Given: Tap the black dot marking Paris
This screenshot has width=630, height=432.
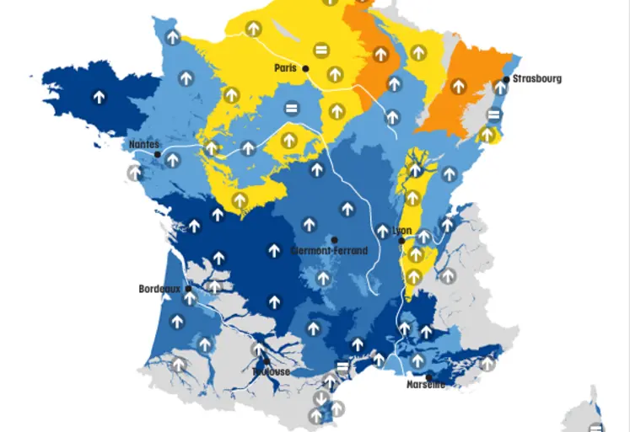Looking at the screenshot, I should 306,68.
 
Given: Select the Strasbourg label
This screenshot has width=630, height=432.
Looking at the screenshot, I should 536,79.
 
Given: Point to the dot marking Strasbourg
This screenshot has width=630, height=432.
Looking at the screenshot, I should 506,80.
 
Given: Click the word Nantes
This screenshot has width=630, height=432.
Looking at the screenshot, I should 143,145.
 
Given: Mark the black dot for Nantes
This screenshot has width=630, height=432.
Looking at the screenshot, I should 158,154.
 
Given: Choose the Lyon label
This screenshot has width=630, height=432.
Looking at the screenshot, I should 401,229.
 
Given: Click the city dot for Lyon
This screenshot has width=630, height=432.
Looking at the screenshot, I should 401,240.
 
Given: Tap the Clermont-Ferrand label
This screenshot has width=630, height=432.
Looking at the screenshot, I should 329,251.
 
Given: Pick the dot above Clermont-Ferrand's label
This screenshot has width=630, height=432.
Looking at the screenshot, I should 335,240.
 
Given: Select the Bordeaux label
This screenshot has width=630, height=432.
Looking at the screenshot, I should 160,288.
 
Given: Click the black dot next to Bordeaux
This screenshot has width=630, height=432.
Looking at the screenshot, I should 188,288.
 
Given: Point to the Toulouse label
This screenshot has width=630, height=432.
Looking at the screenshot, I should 272,371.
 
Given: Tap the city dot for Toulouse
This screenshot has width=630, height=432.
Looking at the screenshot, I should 267,362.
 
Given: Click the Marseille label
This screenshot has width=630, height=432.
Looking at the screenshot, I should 425,385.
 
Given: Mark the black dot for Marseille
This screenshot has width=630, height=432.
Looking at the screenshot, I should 428,376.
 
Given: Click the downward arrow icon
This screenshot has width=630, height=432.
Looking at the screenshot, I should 320,398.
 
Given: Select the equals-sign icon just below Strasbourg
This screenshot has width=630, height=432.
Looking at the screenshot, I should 494,115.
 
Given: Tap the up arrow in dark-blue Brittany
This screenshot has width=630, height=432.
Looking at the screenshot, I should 100,97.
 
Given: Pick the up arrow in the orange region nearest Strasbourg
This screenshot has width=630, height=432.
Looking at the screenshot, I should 458,86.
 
